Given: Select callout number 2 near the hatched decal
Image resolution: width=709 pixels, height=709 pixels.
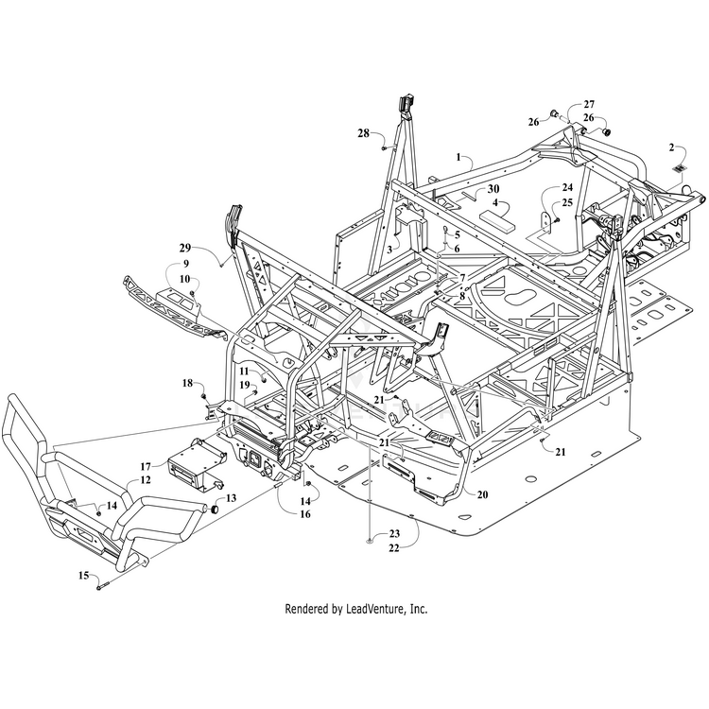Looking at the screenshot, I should click(x=671, y=147).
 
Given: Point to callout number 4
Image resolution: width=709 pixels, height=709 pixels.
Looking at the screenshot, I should click(x=494, y=201).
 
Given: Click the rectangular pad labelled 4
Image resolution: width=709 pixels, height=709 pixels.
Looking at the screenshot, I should click(x=497, y=218).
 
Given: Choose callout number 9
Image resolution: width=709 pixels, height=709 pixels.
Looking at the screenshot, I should click(x=186, y=263).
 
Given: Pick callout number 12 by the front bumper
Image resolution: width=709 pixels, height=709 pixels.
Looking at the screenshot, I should click(x=146, y=480).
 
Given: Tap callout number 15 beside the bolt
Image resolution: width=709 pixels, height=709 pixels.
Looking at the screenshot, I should click(x=83, y=575).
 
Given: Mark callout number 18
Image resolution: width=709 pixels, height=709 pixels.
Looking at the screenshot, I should click(x=187, y=383).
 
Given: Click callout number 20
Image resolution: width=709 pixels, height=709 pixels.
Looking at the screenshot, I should click(x=482, y=494).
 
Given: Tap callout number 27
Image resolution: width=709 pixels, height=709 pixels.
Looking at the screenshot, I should click(x=589, y=104).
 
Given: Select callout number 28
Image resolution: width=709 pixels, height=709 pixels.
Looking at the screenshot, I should click(x=363, y=133).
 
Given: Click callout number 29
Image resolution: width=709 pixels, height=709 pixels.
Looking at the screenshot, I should click(x=186, y=248).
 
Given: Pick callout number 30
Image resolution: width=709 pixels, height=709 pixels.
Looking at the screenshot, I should click(x=494, y=188).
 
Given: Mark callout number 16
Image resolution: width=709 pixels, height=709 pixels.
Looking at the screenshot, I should click(x=304, y=514).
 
